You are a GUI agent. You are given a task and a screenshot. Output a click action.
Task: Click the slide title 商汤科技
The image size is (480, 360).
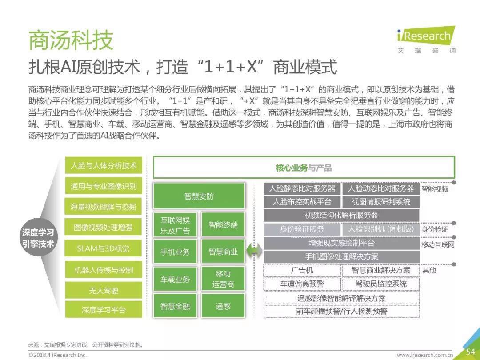click(71, 40)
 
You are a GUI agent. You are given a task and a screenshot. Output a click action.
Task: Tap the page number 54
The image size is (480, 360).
click(470, 351)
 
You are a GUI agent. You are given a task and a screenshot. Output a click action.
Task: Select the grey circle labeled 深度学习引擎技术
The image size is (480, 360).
click(38, 238)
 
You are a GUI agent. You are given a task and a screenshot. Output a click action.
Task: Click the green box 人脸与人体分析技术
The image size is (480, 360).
click(104, 166)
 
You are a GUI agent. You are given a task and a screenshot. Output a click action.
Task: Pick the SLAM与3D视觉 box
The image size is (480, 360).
click(104, 248)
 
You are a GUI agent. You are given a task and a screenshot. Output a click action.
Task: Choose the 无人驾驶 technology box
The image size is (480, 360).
click(104, 290)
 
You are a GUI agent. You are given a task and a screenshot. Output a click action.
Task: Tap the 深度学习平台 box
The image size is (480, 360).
click(104, 310)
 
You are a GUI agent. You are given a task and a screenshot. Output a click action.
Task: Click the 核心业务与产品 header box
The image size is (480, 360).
click(304, 168)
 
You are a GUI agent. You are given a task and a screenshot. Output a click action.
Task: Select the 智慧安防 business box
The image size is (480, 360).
click(199, 196)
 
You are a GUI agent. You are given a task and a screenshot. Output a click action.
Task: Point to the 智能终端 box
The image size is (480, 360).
click(223, 225)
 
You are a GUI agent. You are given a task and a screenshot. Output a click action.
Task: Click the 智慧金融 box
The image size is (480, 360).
click(175, 306)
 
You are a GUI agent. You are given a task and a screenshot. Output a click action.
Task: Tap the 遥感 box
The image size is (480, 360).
click(223, 306)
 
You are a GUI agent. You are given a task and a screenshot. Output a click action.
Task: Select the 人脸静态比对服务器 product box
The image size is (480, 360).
click(302, 188)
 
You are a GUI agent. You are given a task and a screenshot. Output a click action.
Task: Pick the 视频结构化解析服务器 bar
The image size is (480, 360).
click(341, 215)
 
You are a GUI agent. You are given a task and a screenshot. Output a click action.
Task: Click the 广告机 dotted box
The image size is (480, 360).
click(302, 270)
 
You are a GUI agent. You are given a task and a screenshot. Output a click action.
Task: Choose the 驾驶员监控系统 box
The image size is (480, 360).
click(381, 284)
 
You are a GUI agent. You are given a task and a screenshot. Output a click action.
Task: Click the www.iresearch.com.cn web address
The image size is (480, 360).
click(425, 355)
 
